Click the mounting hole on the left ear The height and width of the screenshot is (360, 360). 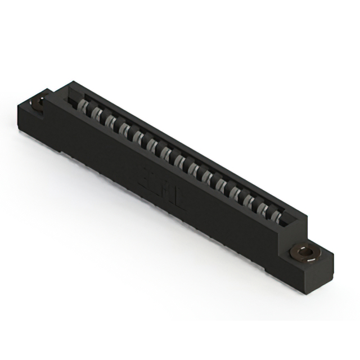click(x=40, y=103)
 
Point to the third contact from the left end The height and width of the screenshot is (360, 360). click(x=110, y=120)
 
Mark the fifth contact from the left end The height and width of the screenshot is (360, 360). click(x=138, y=136)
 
